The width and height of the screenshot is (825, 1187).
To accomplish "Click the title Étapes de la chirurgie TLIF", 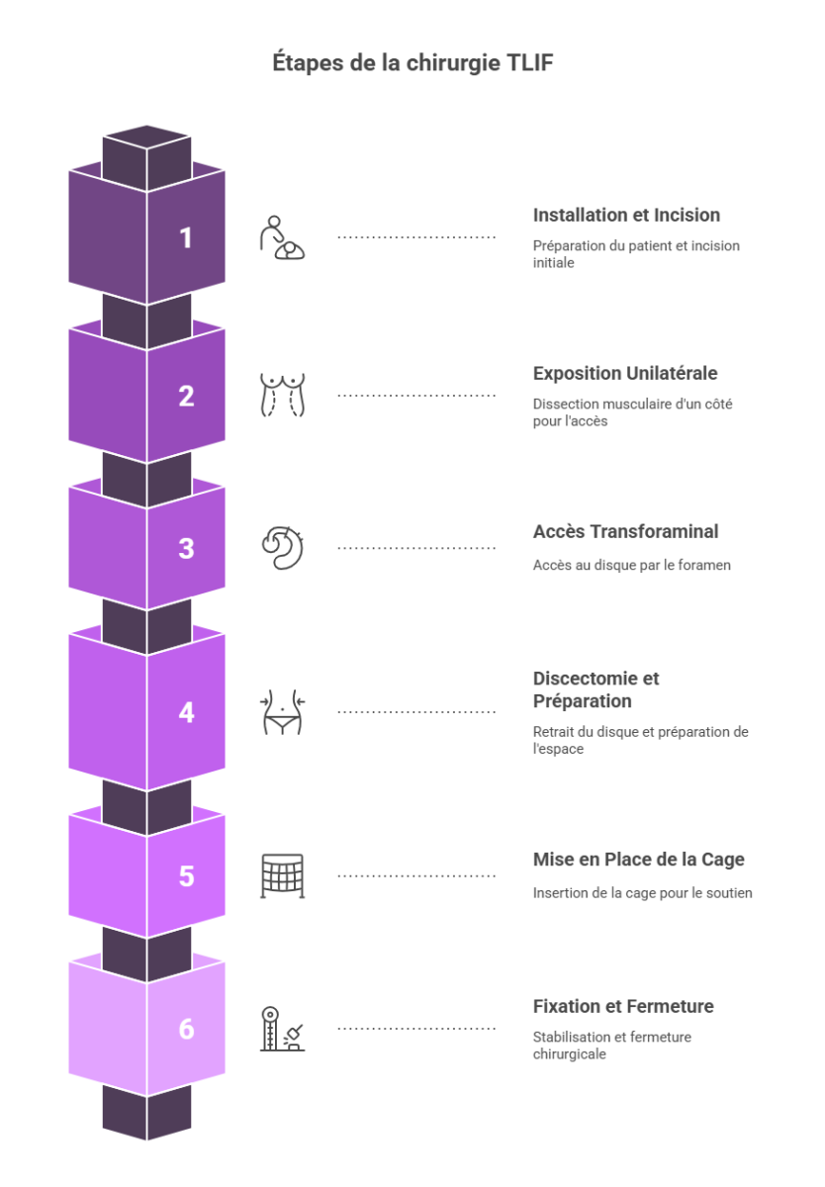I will tap(412, 63).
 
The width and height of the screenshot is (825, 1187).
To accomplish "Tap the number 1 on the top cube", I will tap(186, 237).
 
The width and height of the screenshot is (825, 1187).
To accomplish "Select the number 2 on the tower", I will tap(186, 396).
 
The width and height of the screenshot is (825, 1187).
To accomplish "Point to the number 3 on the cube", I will tap(186, 548).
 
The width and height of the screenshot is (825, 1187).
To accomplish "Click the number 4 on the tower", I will tap(186, 712).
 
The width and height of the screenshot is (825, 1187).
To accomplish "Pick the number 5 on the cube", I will tap(186, 876).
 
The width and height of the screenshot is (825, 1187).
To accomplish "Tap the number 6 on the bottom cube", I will tap(186, 1030).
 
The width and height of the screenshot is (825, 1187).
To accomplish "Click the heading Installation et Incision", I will tap(626, 215).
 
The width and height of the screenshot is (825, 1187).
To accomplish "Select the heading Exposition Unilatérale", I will tap(625, 373).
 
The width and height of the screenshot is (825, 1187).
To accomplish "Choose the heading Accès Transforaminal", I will tap(625, 531).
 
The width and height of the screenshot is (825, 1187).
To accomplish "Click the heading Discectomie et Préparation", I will tap(596, 689).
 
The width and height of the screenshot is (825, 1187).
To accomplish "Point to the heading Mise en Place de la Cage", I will tap(639, 860).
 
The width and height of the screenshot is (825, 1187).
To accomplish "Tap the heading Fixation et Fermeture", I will tap(623, 1006).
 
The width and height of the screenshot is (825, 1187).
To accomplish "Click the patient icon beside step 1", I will tap(282, 237).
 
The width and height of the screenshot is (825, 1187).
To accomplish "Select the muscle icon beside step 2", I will tap(282, 396).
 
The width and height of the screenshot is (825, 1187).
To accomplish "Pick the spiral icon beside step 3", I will tap(282, 548).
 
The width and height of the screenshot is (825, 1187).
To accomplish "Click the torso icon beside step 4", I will tap(282, 712).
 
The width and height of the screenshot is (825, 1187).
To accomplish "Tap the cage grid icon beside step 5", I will tap(282, 876).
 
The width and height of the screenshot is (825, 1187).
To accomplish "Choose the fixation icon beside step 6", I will tap(282, 1030).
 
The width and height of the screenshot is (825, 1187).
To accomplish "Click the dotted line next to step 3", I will tap(415, 548).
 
